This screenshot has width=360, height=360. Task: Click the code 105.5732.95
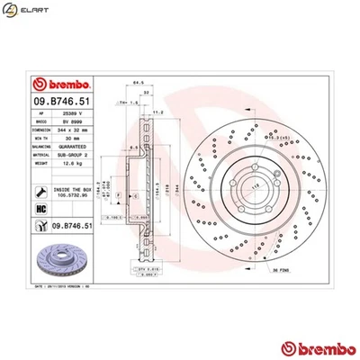[x=73, y=193]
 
